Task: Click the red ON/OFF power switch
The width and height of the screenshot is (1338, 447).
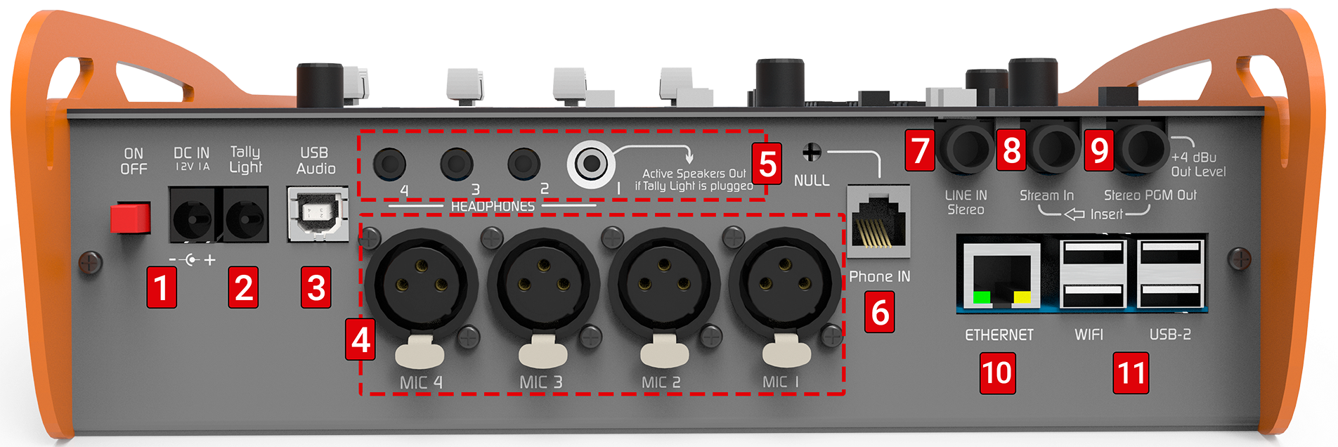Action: coord(131,218)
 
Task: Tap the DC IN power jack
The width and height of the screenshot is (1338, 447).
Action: coord(193,215)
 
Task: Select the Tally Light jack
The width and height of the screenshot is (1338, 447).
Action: coord(246,215)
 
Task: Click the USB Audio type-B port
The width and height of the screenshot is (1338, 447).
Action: coord(318,214)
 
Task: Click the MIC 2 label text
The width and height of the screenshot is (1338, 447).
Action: coord(661,382)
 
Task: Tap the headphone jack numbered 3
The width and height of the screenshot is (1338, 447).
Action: coord(457,164)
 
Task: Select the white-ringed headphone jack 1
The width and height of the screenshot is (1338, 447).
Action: coord(591,164)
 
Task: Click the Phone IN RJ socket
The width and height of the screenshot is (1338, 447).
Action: coord(878,221)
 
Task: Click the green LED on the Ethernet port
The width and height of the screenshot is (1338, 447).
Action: coord(982,297)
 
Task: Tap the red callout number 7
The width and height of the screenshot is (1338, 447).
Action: coord(920,150)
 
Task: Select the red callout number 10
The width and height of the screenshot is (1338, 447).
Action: coord(998,373)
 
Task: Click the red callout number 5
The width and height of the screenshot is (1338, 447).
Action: coord(767,164)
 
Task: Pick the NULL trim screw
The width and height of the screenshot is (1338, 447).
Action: coord(812,152)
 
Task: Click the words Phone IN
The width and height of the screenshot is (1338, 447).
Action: coord(880,276)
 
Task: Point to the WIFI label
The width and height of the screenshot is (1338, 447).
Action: coord(1089,335)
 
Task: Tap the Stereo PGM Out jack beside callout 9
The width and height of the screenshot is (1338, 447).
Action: coord(1144,148)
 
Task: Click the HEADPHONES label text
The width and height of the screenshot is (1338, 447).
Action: coord(493,206)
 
